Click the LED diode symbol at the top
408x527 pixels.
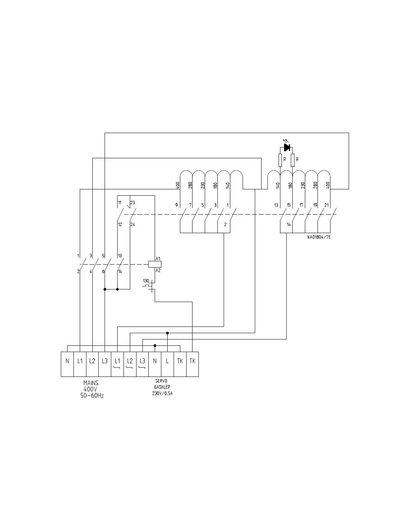(286, 147)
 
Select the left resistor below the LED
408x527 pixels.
(280, 160)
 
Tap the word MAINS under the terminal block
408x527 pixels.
(91, 383)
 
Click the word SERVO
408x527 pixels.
(160, 381)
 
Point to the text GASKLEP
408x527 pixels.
(160, 387)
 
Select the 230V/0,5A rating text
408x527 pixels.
(160, 393)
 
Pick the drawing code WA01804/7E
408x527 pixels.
(319, 237)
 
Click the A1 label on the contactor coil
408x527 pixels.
(158, 258)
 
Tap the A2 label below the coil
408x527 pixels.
(158, 271)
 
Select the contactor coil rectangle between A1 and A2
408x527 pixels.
(151, 264)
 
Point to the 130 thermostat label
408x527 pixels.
(146, 281)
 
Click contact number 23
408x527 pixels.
(133, 203)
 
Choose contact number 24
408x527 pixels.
(133, 224)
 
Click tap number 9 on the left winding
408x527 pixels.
(177, 205)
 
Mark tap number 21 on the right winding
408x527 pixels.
(326, 205)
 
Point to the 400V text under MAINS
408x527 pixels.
(91, 389)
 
